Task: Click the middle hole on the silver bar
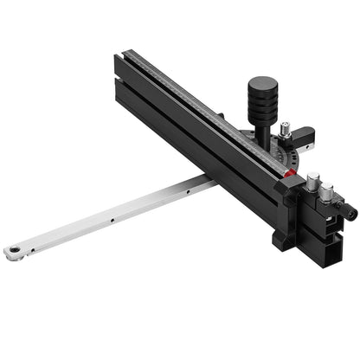click(x=112, y=221)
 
